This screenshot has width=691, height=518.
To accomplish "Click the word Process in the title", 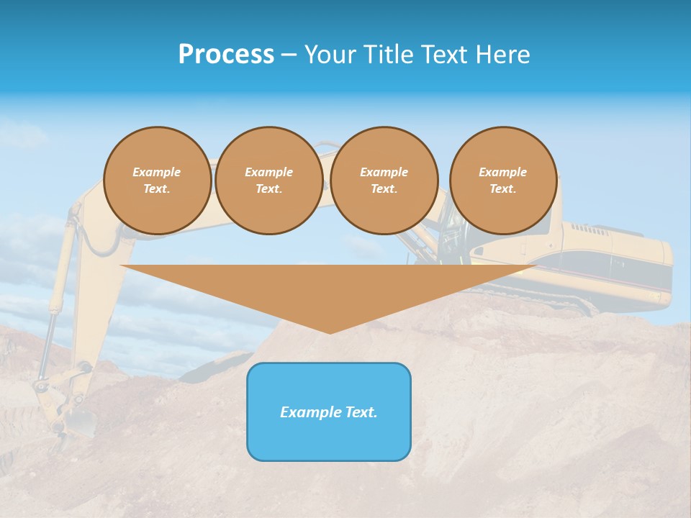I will click(226, 55).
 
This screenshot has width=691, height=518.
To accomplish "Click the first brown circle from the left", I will click(158, 181).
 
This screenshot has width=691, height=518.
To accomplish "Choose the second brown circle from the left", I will click(269, 181).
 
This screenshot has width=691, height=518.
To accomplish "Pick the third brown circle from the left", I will click(384, 181).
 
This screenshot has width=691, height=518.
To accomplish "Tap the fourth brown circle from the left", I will click(503, 181).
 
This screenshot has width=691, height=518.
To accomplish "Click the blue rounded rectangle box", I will click(329, 412).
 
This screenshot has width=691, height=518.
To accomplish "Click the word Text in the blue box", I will click(358, 412).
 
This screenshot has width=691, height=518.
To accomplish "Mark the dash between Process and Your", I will click(289, 55).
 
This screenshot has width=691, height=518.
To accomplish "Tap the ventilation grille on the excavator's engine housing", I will click(590, 228).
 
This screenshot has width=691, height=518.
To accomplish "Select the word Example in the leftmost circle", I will click(157, 173).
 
